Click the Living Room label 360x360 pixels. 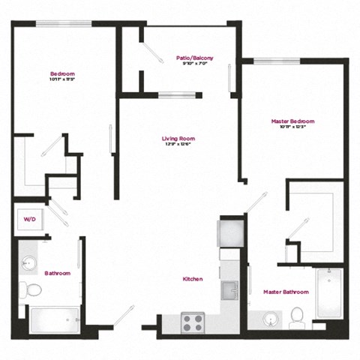coord(178,139)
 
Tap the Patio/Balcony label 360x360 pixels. coord(191,57)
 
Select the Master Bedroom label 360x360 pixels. coord(292,121)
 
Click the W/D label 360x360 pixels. coord(29,220)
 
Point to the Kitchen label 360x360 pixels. coord(193,278)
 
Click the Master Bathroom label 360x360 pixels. coord(282,291)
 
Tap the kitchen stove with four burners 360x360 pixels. coord(193,322)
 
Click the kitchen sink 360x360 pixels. coord(229,289)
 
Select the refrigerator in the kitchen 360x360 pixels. coord(229,232)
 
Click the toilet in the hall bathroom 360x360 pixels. coord(32,289)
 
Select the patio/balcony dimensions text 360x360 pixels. coord(191,64)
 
